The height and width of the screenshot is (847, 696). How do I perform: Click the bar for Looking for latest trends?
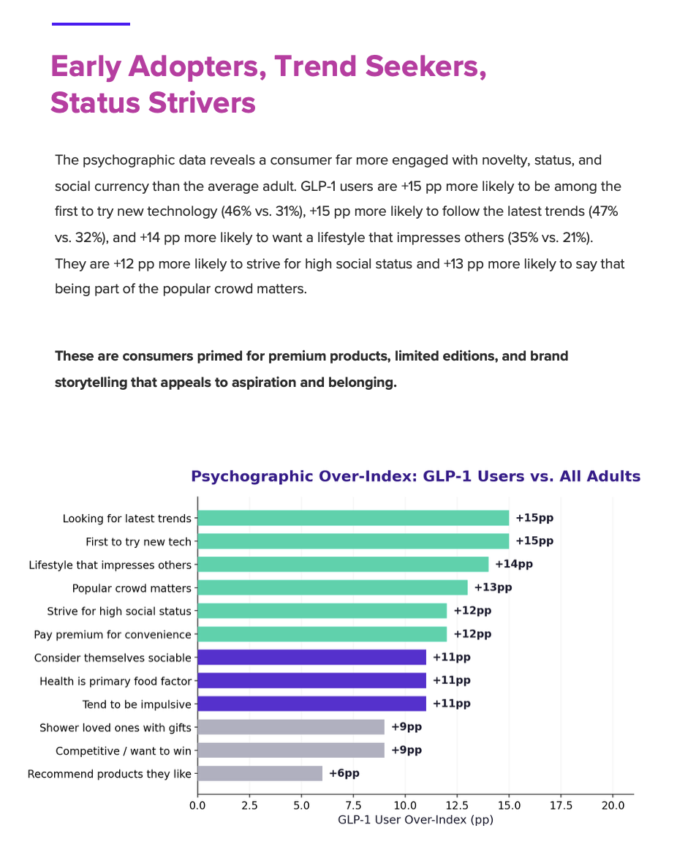pos(353,518)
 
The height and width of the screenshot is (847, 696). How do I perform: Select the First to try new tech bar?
pos(353,541)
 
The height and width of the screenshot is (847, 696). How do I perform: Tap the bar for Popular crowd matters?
pos(333,587)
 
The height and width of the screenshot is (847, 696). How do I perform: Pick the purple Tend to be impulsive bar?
pos(311,704)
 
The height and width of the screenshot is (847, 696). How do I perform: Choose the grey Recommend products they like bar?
pos(260,773)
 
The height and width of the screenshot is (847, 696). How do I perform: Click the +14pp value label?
pos(514,564)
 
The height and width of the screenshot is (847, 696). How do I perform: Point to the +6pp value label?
pos(344,773)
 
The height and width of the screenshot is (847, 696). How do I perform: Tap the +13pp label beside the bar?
pos(493,587)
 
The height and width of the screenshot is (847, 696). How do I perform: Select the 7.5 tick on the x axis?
pos(353,806)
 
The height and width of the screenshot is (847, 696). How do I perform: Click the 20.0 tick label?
pos(613,806)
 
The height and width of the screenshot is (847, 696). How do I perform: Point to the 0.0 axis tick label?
pos(197,806)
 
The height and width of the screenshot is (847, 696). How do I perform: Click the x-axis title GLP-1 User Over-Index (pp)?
pos(415,820)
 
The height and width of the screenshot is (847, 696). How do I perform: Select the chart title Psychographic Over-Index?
pos(415,476)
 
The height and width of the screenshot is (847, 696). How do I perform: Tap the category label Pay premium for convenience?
pos(113,634)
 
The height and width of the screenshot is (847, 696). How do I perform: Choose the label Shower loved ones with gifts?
pos(116,727)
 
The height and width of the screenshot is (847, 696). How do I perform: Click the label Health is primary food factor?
pos(116,681)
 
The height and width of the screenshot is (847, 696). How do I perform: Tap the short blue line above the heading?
pos(91,24)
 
